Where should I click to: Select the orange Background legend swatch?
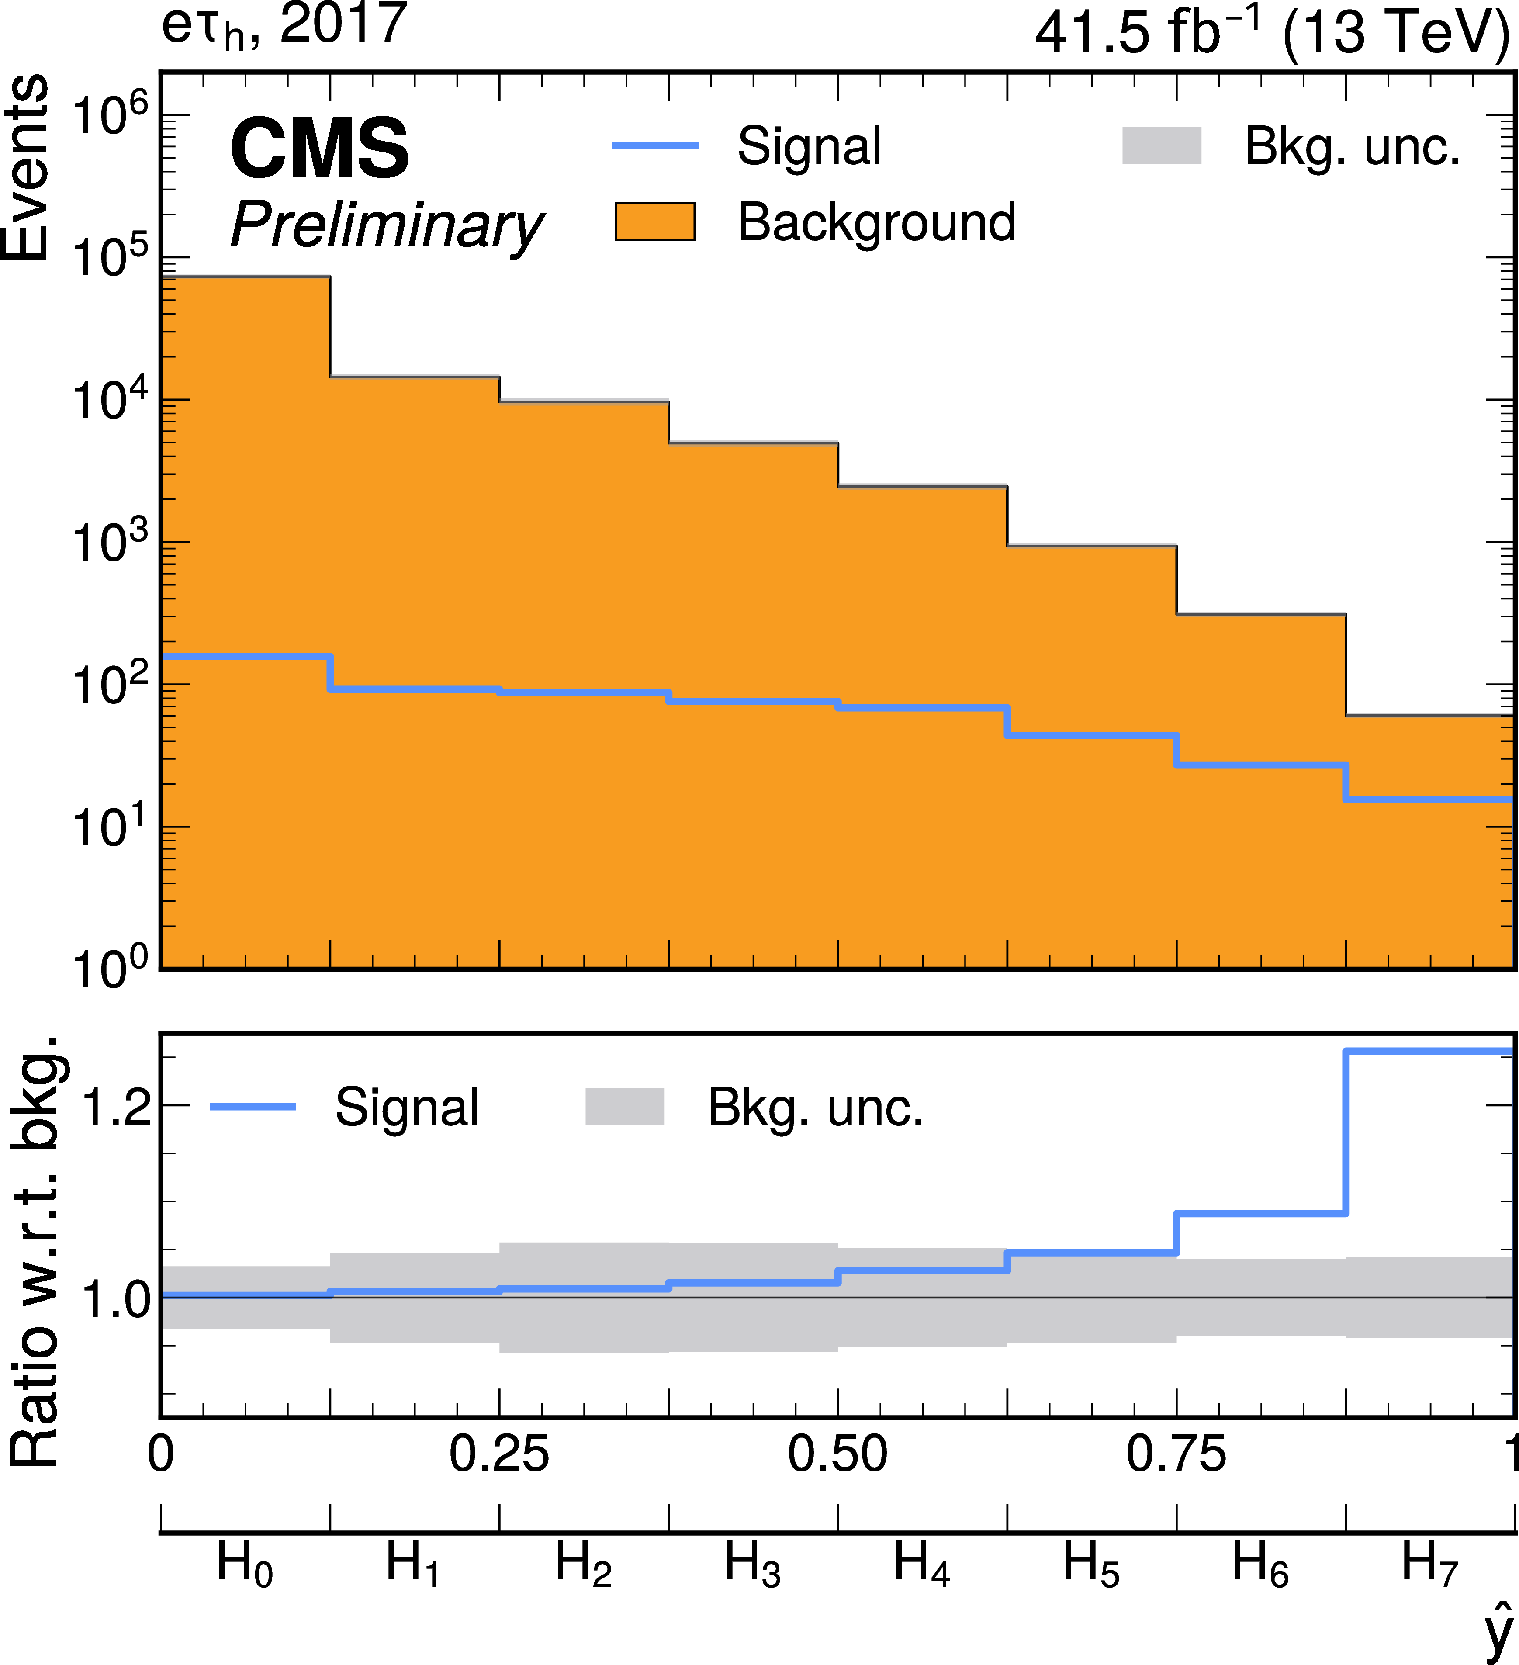point(655,222)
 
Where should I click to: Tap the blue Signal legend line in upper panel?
point(655,145)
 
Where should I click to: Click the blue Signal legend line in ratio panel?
point(253,1107)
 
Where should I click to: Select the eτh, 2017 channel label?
point(284,25)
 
